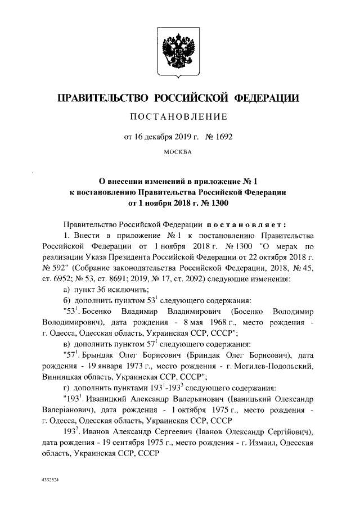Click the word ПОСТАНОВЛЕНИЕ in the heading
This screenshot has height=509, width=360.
point(179,117)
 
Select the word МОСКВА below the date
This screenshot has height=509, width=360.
point(179,152)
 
